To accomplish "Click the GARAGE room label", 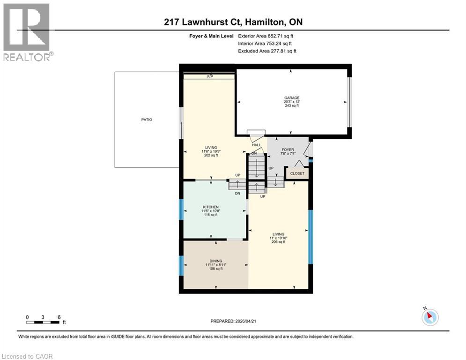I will click(291, 98).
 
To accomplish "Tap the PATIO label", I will click(147, 120).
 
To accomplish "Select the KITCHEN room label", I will click(211, 207).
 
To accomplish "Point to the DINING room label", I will click(215, 261).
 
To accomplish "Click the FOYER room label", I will click(288, 150).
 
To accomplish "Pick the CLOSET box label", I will click(297, 173).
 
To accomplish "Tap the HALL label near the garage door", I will click(257, 145).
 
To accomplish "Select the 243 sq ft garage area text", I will click(291, 106).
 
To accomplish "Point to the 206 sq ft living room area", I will click(279, 242).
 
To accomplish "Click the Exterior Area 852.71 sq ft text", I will click(266, 36).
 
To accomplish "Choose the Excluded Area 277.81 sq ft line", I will click(267, 51).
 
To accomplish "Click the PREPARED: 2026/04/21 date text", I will click(237, 321).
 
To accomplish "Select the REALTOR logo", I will click(27, 32).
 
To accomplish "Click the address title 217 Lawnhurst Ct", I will click(233, 22).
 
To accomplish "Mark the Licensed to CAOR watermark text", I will click(28, 356).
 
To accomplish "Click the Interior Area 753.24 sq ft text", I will click(265, 44).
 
